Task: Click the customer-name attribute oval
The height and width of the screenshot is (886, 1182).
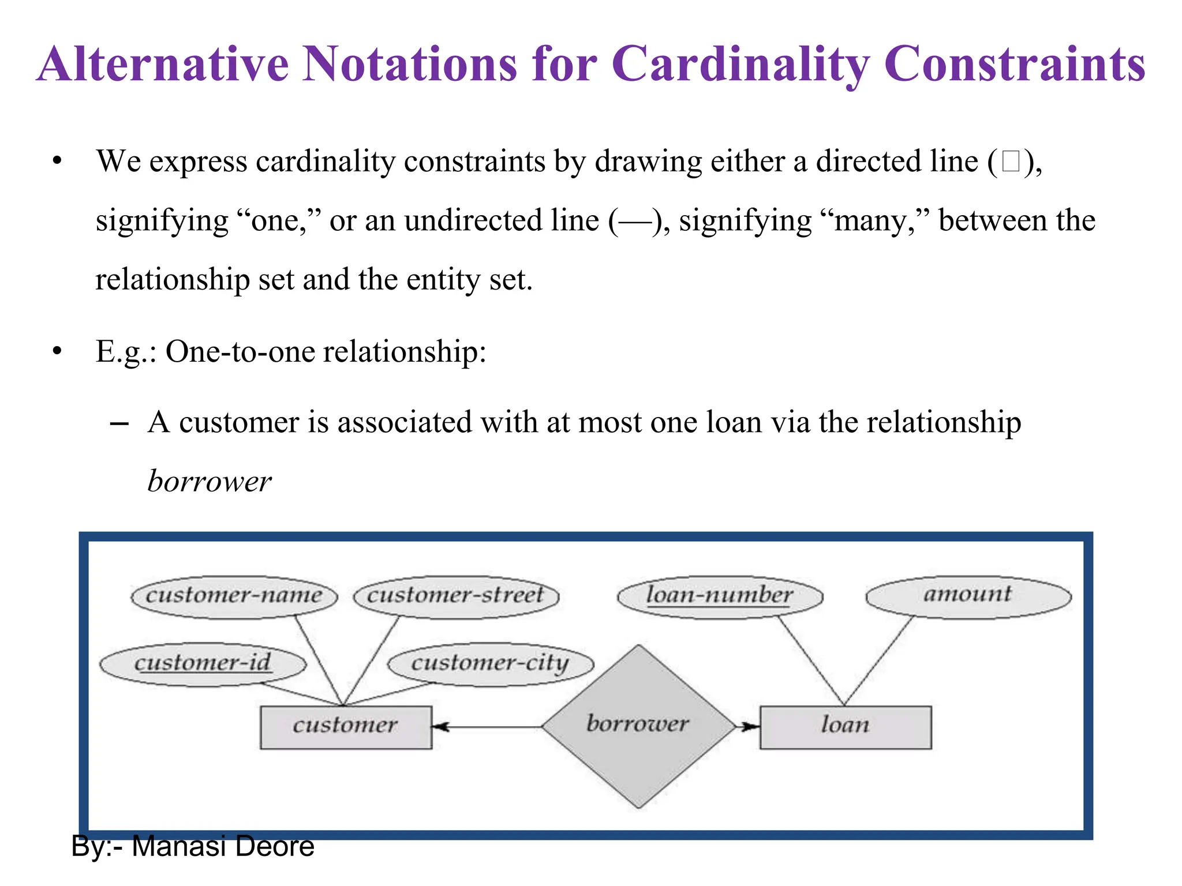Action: click(234, 597)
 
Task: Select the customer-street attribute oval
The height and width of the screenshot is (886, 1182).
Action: click(456, 597)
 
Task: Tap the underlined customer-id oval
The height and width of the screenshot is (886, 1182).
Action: click(203, 664)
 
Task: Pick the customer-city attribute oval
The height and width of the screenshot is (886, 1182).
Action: click(491, 664)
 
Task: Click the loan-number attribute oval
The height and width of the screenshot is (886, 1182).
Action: click(720, 597)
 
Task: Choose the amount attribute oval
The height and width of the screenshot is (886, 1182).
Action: click(968, 596)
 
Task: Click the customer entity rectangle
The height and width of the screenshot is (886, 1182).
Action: click(346, 727)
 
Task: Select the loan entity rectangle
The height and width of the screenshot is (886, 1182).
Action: click(845, 727)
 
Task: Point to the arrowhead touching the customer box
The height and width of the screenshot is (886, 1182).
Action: click(441, 727)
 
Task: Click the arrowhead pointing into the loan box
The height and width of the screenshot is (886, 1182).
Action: click(750, 727)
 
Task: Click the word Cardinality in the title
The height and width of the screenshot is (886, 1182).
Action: click(740, 65)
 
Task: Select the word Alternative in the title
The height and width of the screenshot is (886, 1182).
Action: click(163, 65)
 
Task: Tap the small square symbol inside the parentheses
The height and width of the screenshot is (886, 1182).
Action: click(1011, 162)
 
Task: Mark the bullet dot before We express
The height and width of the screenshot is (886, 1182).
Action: click(57, 162)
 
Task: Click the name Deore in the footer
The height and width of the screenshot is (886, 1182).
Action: click(275, 847)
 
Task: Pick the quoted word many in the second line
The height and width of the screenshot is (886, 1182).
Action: click(870, 221)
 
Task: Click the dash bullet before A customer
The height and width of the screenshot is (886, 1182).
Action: click(119, 424)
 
